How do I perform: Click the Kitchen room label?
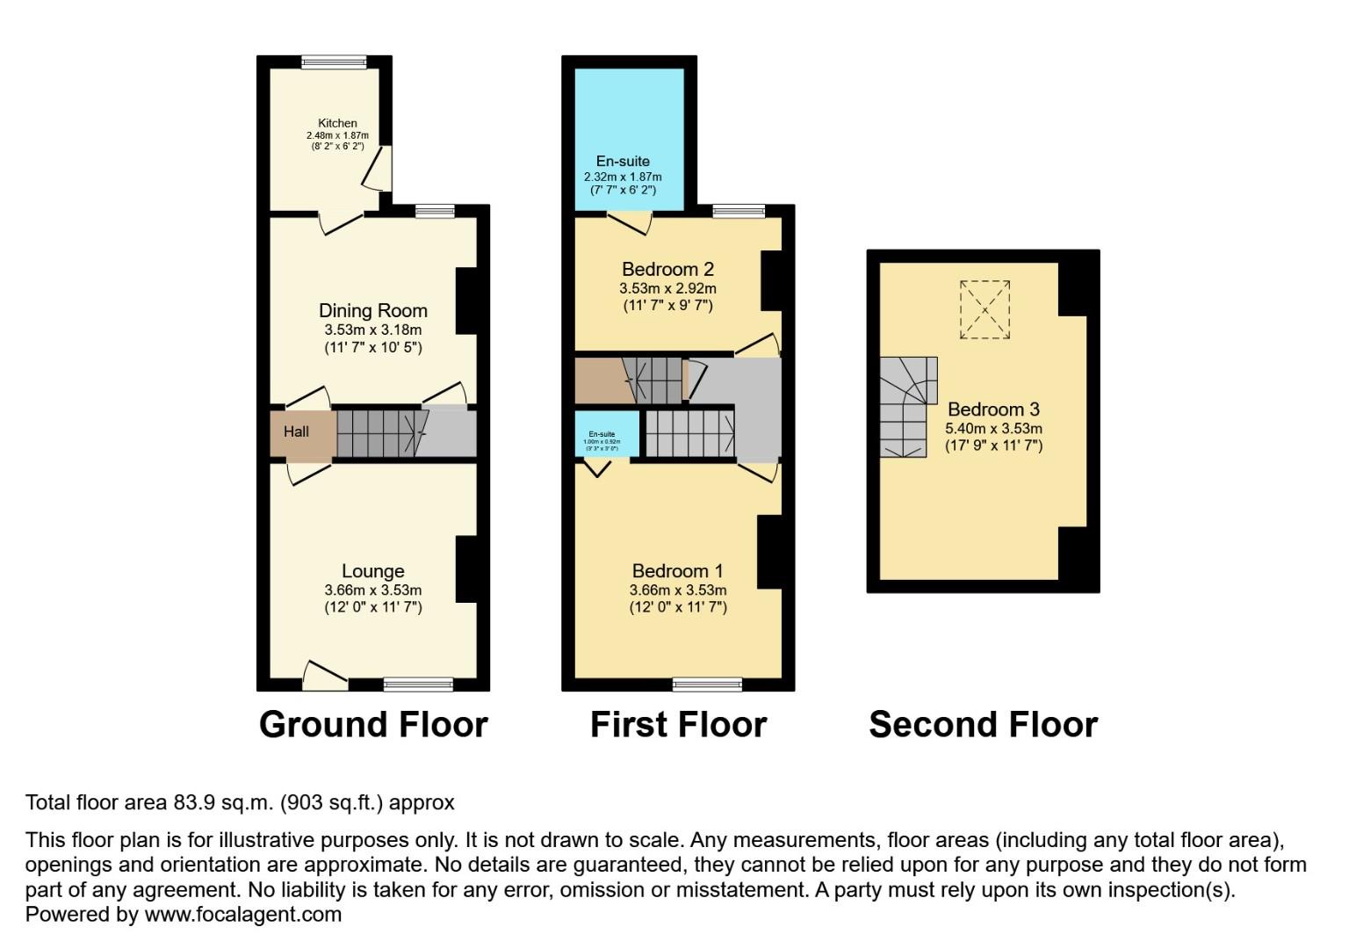pos(337,124)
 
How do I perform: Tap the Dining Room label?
pos(372,310)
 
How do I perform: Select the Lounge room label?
pos(372,571)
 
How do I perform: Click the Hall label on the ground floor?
pos(296,431)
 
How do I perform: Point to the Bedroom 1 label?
pos(677,571)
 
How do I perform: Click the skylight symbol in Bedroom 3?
pos(985,309)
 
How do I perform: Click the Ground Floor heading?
pos(373,725)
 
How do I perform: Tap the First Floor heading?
pos(678,725)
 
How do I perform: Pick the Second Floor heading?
pos(983,725)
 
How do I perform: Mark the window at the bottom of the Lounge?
pos(418,685)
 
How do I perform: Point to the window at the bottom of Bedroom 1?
pos(707,685)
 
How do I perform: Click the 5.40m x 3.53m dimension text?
pos(993,429)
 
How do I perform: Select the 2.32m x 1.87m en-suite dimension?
pos(623,177)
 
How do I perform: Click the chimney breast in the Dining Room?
pos(465,301)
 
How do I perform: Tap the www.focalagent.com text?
pos(242,915)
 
